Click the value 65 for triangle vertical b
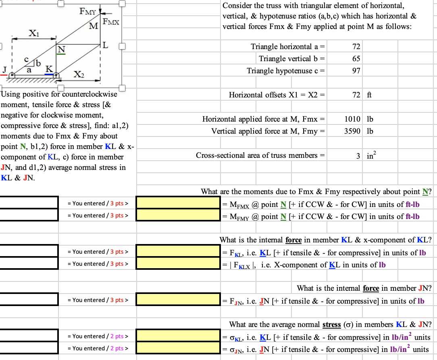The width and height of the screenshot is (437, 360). [x=356, y=59]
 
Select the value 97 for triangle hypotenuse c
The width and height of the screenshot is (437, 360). [x=356, y=71]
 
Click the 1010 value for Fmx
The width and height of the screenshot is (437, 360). [x=352, y=119]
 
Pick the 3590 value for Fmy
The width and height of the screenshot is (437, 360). [x=352, y=131]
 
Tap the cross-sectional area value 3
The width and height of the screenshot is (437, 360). [x=358, y=155]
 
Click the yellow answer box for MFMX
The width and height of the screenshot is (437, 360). [x=178, y=203]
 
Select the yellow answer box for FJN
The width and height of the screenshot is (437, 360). [x=178, y=299]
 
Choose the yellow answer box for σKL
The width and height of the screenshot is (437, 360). [x=178, y=335]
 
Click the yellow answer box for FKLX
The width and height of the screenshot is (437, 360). [x=178, y=263]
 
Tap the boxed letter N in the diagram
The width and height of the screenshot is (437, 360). [x=61, y=49]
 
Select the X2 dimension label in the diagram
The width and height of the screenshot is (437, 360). [x=79, y=74]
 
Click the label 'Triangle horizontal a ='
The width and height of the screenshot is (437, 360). [x=288, y=47]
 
